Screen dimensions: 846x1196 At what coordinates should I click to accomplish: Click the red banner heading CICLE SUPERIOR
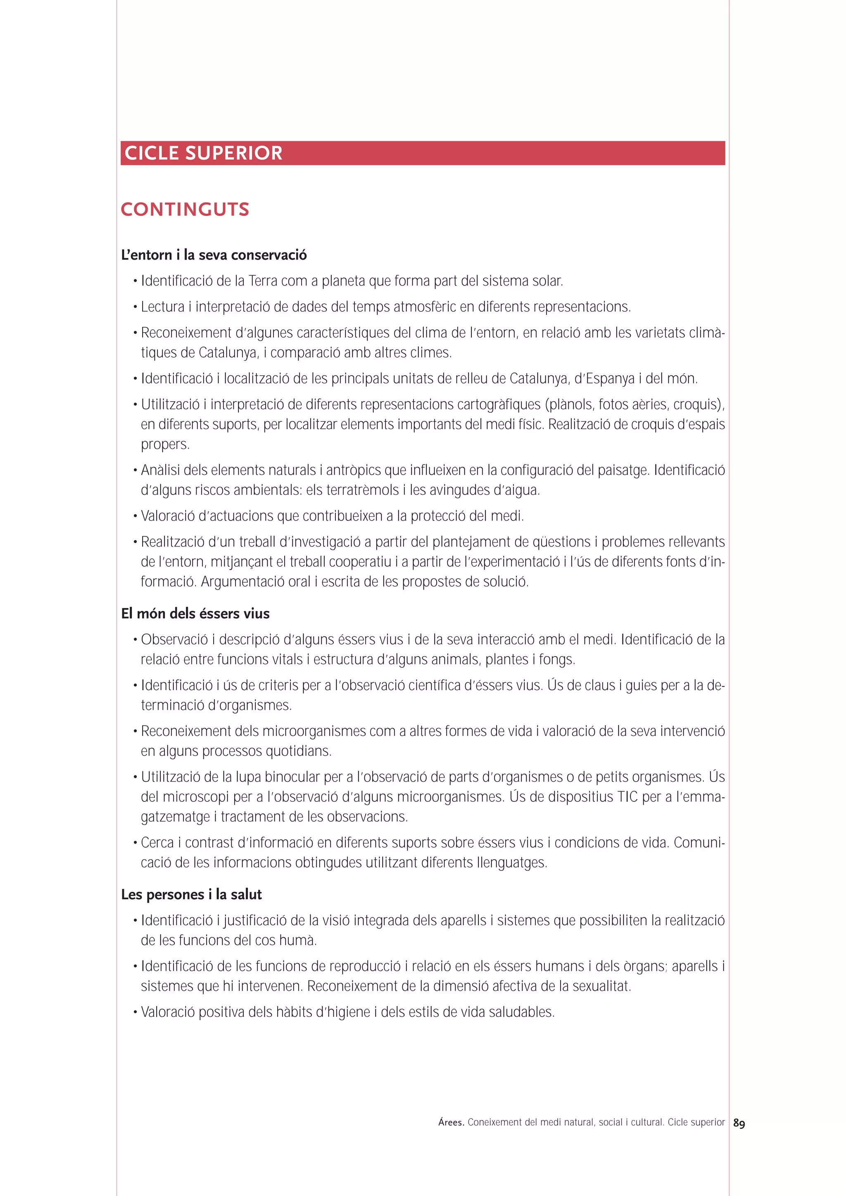(203, 153)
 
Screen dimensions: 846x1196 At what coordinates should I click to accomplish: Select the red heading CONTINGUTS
(185, 209)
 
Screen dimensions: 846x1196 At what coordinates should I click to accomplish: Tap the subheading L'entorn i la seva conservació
(214, 255)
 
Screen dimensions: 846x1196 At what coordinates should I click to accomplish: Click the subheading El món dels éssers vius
(195, 614)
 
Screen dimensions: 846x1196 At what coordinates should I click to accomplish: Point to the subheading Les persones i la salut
(191, 894)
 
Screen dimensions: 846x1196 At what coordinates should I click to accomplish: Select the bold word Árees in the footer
(451, 1122)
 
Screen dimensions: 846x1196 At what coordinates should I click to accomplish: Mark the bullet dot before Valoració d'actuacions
(135, 517)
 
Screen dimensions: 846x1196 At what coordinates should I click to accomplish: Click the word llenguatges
(511, 863)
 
